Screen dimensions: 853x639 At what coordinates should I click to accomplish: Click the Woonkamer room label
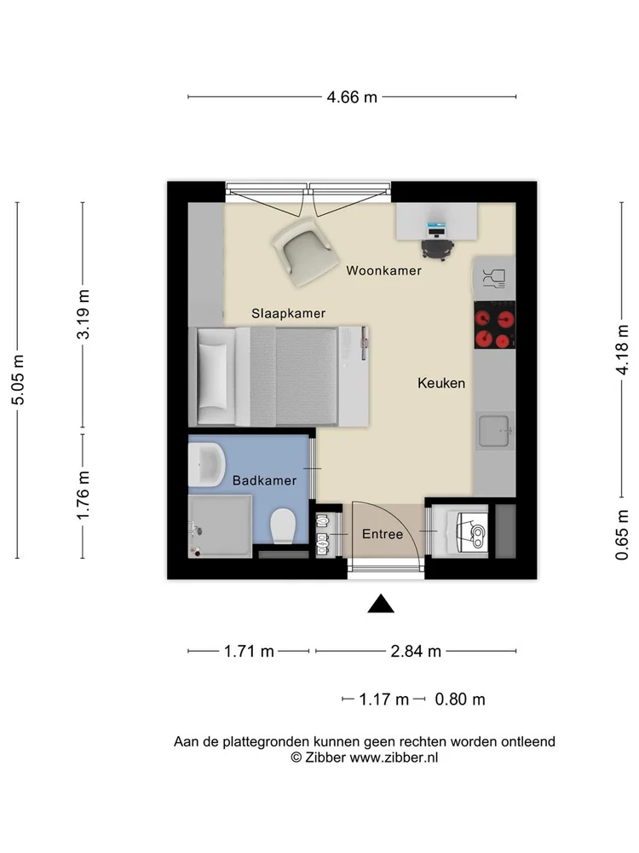point(383,270)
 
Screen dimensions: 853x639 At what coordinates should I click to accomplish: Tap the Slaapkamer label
point(288,313)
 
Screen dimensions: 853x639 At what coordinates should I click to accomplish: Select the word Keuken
point(441,383)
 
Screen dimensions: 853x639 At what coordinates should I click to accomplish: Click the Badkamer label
point(264,480)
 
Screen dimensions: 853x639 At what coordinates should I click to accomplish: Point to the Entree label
point(383,534)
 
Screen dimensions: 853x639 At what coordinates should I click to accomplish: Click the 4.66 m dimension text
point(351,97)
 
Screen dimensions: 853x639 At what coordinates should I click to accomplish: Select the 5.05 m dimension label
point(18,380)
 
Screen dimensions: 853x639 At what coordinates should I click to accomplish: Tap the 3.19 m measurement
point(83,315)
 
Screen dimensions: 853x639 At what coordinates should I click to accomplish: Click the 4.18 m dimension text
point(623,350)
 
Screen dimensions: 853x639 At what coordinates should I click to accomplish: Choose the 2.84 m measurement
point(416,652)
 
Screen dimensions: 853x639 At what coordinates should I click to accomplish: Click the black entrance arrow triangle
point(381,604)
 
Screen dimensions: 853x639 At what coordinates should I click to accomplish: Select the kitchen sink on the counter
point(495,430)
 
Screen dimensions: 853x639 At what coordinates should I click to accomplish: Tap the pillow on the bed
point(213,375)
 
